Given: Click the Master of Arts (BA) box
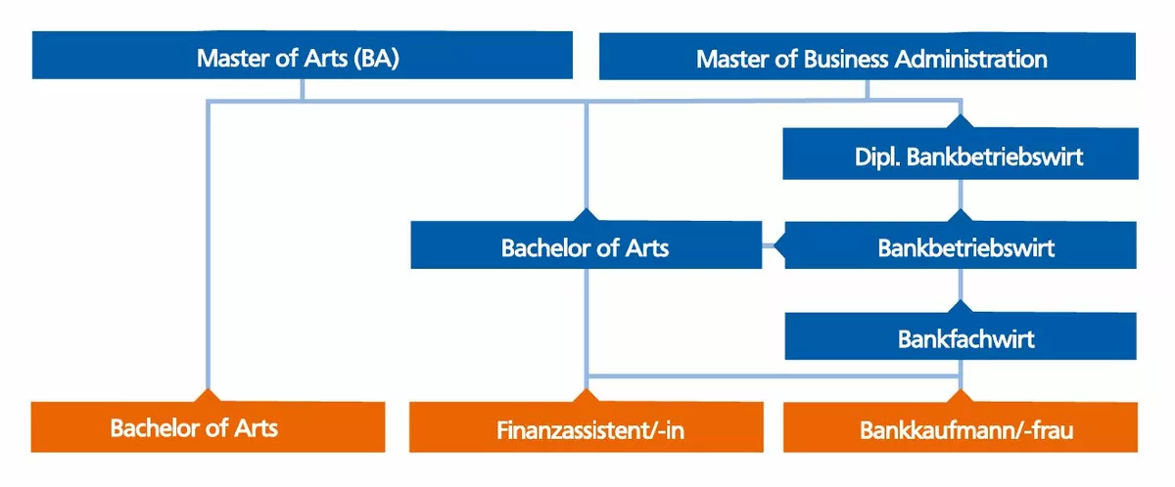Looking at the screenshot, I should pos(302,56).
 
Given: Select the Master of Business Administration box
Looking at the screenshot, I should pos(868,58).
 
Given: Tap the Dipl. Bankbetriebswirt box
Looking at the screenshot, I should pos(961,155).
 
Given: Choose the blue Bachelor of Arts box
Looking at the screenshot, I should pos(586,246).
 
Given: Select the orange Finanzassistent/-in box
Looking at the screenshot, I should pos(586,428).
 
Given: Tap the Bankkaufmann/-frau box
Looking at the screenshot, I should pos(961,428).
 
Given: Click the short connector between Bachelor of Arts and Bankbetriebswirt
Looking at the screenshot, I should pos(774,245).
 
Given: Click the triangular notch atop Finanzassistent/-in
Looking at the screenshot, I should pos(586,394).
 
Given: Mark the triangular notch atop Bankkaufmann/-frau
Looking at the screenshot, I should pos(961,394).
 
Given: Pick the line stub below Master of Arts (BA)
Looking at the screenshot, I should pos(302,89).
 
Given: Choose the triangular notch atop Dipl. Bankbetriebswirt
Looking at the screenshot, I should pos(961,121).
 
